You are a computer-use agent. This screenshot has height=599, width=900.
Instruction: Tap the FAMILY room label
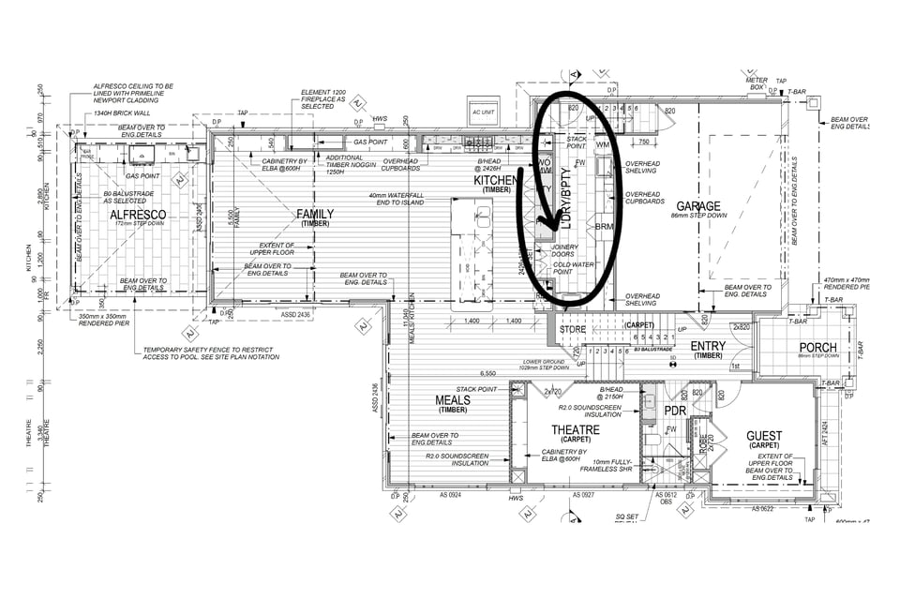pyautogui.click(x=315, y=214)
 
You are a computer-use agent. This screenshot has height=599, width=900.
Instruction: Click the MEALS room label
pyautogui.click(x=453, y=400)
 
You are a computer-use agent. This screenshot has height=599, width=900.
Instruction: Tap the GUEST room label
pyautogui.click(x=764, y=436)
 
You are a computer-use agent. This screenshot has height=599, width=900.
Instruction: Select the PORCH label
pyautogui.click(x=817, y=347)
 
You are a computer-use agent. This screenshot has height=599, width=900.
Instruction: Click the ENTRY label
pyautogui.click(x=708, y=346)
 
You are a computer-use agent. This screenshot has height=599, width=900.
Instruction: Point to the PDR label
pyautogui.click(x=675, y=411)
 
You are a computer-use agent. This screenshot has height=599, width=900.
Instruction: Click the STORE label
pyautogui.click(x=572, y=329)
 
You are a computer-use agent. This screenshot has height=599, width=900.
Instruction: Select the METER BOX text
pyautogui.click(x=757, y=83)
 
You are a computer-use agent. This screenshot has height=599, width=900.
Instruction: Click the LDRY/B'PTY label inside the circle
pyautogui.click(x=565, y=198)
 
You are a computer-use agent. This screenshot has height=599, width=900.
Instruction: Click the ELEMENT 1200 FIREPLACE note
pyautogui.click(x=322, y=98)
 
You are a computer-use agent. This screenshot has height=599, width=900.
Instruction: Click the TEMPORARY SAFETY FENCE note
pyautogui.click(x=211, y=353)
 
